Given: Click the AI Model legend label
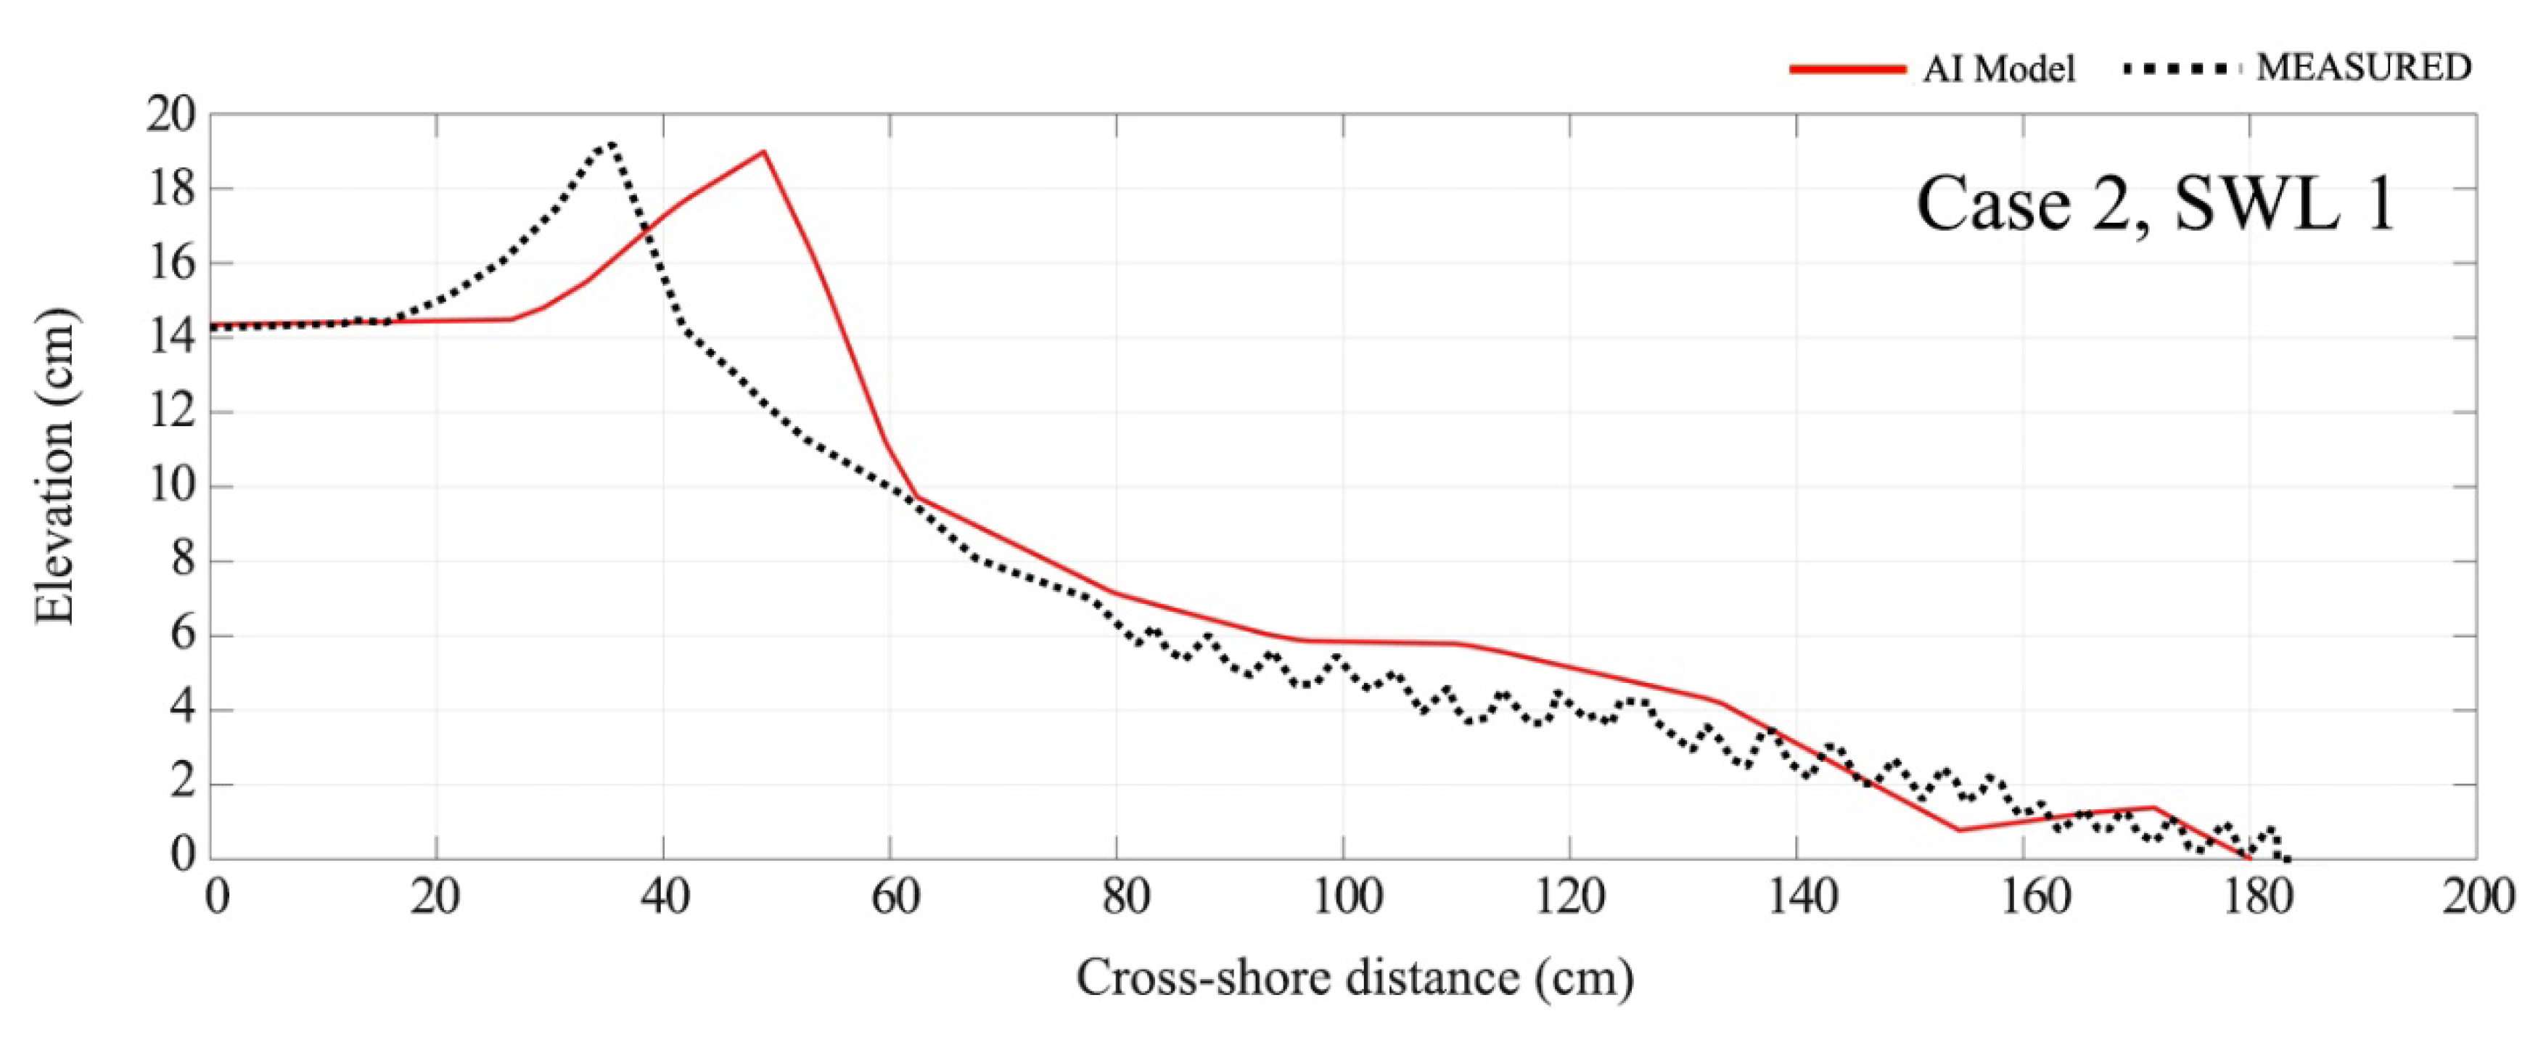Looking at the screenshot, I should [1998, 69].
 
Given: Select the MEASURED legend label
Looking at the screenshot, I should [2363, 67].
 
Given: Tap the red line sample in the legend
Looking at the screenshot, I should [1847, 69].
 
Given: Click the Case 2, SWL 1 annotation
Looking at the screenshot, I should [2156, 205].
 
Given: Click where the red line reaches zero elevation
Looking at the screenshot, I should [2249, 858].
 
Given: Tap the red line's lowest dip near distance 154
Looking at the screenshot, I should [1959, 830].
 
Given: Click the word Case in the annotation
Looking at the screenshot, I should [1992, 205].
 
